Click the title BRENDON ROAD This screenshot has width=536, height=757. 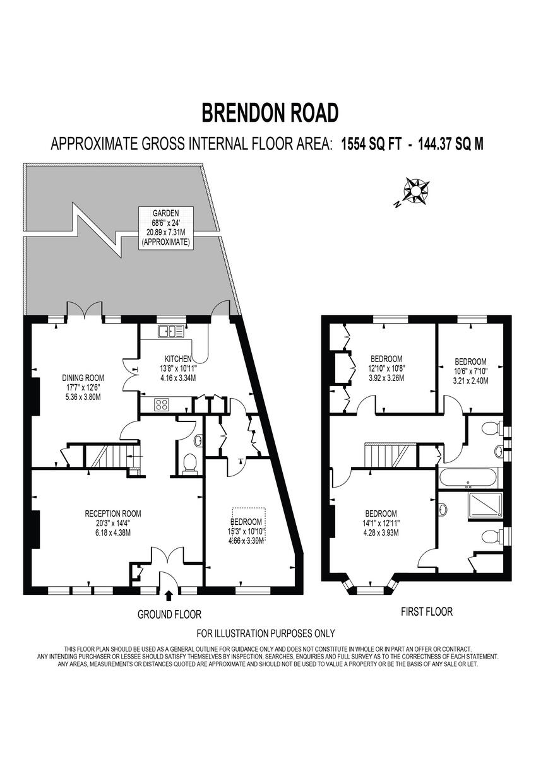(x=270, y=112)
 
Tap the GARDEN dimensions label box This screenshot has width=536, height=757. (x=165, y=227)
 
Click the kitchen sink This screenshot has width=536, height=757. (x=171, y=330)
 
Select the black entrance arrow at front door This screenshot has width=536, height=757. (x=169, y=595)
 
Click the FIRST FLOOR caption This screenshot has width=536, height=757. (x=427, y=611)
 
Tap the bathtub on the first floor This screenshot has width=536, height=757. (x=468, y=478)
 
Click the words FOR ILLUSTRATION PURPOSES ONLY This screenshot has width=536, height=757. (x=266, y=633)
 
